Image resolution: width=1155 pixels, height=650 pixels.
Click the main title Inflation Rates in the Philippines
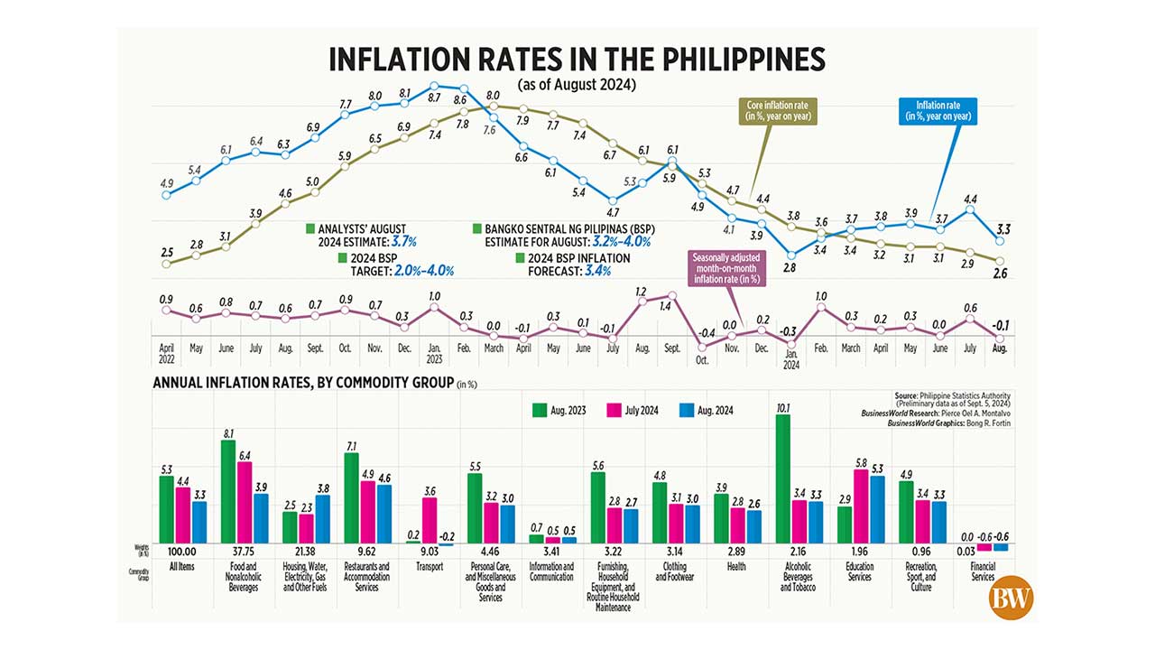click(577, 59)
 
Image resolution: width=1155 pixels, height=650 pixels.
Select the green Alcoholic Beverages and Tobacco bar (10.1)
click(782, 478)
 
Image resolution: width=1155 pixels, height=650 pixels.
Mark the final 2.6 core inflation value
click(1000, 274)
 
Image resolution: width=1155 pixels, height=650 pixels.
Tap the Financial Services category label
click(982, 571)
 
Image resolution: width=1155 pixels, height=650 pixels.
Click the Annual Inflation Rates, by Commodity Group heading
click(303, 383)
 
